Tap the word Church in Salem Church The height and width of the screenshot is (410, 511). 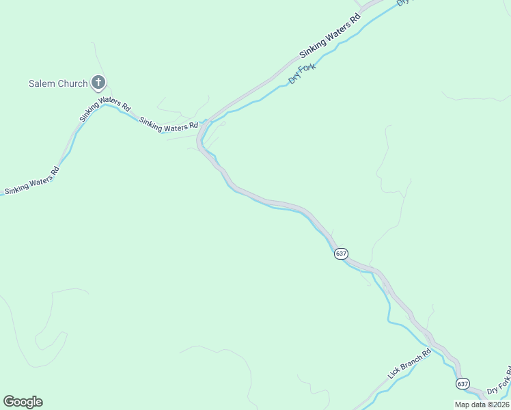(x=72, y=84)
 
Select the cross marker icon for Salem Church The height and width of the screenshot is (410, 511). (x=98, y=83)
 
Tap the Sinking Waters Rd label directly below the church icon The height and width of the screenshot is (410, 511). (x=105, y=109)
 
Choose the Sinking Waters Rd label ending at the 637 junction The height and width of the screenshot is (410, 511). (x=169, y=124)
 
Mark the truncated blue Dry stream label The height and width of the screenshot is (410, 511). (x=404, y=3)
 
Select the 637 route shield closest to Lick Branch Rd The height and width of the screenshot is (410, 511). (x=463, y=384)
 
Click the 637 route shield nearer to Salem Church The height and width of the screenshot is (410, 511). (x=342, y=254)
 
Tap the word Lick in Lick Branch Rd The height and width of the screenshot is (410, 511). (x=394, y=373)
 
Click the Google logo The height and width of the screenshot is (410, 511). (x=23, y=402)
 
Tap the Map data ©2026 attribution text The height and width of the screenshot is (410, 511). (x=482, y=405)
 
